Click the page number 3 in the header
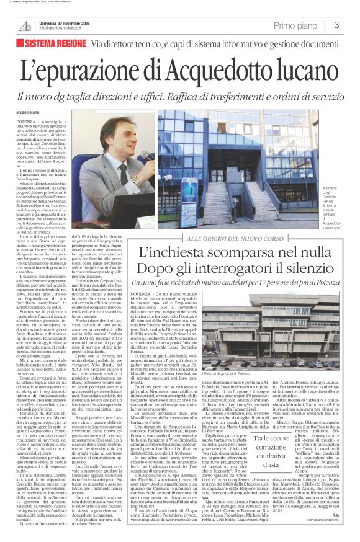point(335,25)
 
